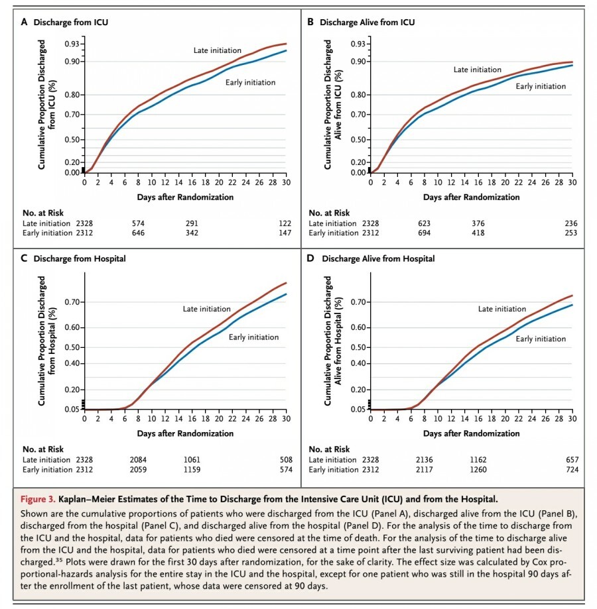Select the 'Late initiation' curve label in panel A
[217, 50]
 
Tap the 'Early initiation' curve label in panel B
[541, 86]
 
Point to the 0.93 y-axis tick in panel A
[71, 44]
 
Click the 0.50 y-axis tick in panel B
[358, 140]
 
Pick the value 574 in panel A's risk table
[139, 223]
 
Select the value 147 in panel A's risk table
[285, 233]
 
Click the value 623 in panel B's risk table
[425, 223]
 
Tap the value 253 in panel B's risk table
[571, 233]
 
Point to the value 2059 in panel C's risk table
[139, 470]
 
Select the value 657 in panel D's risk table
[571, 460]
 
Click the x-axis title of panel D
[472, 433]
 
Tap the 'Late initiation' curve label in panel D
[502, 309]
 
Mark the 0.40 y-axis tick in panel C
[71, 363]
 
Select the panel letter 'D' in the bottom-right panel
[310, 258]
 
